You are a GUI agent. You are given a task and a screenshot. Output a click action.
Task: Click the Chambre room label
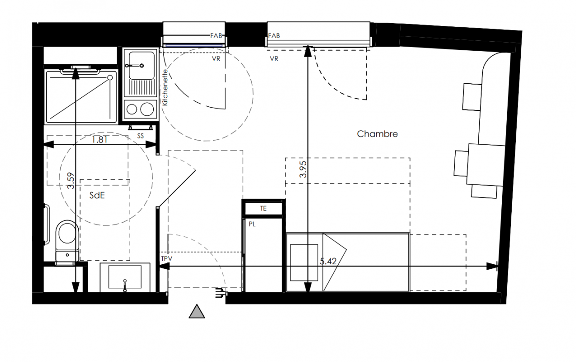(x=377, y=134)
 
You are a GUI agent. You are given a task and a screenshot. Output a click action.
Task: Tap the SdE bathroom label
(x=97, y=195)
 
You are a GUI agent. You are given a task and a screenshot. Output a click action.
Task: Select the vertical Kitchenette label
(x=165, y=87)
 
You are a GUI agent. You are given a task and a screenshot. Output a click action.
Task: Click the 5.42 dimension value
(x=328, y=262)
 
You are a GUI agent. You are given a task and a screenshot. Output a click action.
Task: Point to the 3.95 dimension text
(x=303, y=169)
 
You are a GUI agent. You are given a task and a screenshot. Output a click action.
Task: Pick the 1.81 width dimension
(x=99, y=139)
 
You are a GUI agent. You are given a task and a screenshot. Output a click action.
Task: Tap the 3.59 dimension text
(x=71, y=181)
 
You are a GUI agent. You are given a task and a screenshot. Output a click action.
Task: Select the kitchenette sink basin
(x=142, y=65)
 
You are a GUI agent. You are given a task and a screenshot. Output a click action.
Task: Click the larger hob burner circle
(x=147, y=109)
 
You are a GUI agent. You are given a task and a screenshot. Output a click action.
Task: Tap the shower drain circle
(x=110, y=77)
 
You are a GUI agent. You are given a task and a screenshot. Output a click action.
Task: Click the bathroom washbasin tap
(x=125, y=286)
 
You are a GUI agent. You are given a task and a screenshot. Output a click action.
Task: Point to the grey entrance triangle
(x=197, y=311)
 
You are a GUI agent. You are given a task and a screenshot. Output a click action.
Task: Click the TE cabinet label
(x=263, y=209)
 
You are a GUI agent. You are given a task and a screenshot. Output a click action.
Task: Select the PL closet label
(x=252, y=224)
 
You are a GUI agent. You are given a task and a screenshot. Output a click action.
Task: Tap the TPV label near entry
(x=167, y=258)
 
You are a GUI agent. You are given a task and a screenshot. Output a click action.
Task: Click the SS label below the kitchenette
(x=141, y=136)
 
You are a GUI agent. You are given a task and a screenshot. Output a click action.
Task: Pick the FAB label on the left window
(x=216, y=36)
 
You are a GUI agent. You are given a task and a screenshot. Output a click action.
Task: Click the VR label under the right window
(x=274, y=59)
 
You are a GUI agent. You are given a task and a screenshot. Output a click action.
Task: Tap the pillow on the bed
(x=304, y=262)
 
